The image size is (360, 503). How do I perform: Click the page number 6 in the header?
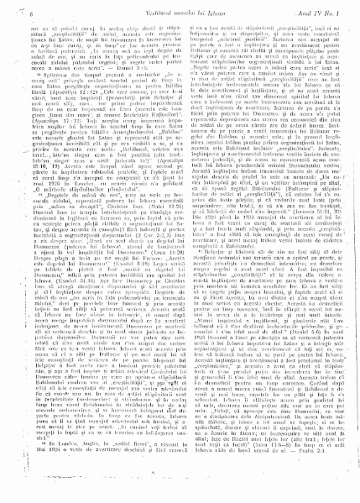click(x=18, y=9)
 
